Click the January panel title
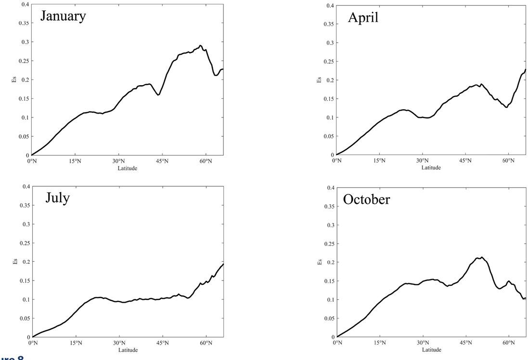63,16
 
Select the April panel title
363,18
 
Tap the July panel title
58,197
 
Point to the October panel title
366,199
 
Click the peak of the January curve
201,46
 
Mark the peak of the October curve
482,257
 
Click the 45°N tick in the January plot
162,161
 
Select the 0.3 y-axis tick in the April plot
330,43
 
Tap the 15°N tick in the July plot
76,343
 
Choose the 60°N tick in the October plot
509,343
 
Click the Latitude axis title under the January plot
128,168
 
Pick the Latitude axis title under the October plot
431,349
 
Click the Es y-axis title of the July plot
14,261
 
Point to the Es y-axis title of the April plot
319,80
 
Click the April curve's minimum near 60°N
506,107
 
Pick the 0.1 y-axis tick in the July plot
25,299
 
